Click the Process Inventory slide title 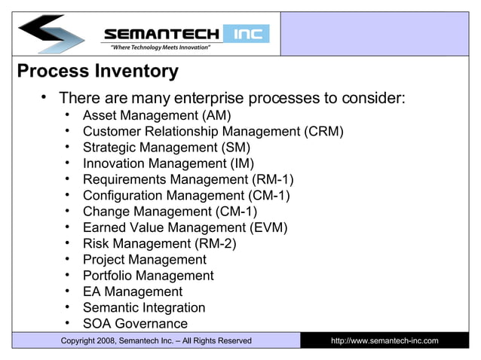tap(97, 72)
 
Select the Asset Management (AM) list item tap(156, 115)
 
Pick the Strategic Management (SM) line tap(166, 148)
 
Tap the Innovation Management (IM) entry tap(168, 163)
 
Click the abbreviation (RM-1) tap(271, 179)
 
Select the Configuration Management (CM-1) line tap(186, 196)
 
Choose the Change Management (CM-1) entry tap(170, 212)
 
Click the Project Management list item tap(144, 260)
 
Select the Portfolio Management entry tap(148, 276)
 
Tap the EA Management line tap(132, 291)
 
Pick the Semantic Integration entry tap(143, 307)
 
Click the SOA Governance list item tap(135, 324)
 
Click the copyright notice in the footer tap(156, 341)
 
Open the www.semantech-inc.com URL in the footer tap(384, 341)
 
